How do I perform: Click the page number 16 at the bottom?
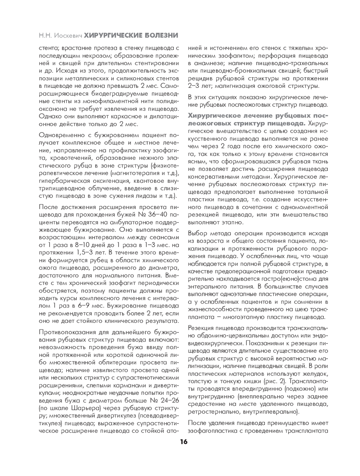coord(184,442)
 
